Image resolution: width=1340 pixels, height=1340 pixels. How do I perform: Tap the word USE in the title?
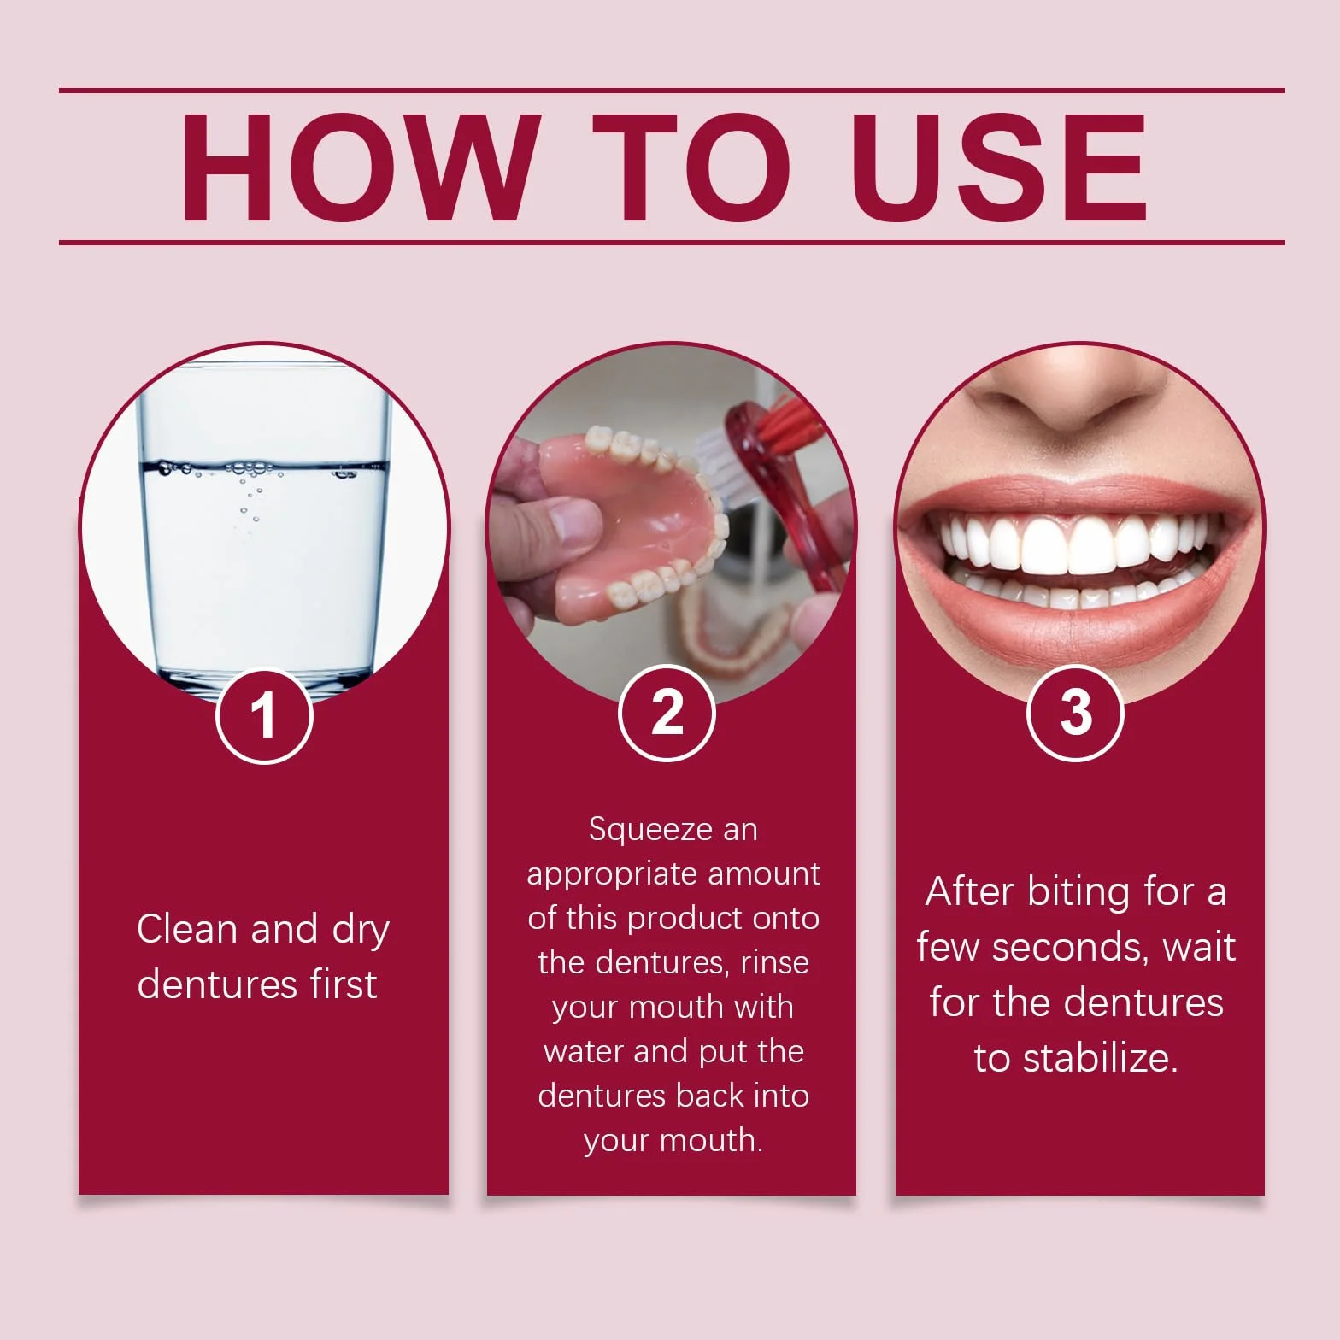pos(998,167)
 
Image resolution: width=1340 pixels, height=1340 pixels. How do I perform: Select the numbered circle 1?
pos(264,715)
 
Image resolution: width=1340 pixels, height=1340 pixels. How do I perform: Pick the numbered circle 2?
pos(667,712)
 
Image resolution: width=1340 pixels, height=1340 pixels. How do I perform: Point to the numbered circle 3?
pos(1075,712)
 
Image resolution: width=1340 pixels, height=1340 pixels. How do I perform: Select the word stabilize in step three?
pos(1100,1058)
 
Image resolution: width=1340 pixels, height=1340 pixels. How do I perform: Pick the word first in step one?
pos(343,984)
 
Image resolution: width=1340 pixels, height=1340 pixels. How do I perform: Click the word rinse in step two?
pos(774,963)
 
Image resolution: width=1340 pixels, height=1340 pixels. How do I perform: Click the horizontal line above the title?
pos(672,90)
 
